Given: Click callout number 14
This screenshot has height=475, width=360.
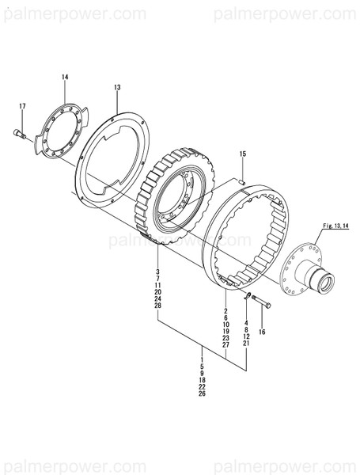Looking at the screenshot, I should (x=65, y=77).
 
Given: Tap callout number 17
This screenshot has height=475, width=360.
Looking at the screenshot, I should (x=22, y=106).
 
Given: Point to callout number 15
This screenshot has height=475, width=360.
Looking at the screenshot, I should (x=243, y=153).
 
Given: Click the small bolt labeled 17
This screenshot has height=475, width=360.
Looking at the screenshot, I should (x=19, y=134).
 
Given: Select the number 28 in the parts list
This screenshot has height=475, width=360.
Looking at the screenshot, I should (x=157, y=306).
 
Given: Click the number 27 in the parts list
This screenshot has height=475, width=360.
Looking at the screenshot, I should (x=225, y=345).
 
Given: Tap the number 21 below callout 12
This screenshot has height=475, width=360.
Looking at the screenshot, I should (x=246, y=344).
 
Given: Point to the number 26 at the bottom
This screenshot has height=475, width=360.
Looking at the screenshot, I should (x=202, y=393).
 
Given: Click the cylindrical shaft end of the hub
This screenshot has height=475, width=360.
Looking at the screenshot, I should (x=324, y=279).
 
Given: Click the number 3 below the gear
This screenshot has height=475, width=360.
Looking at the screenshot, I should (x=157, y=272).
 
